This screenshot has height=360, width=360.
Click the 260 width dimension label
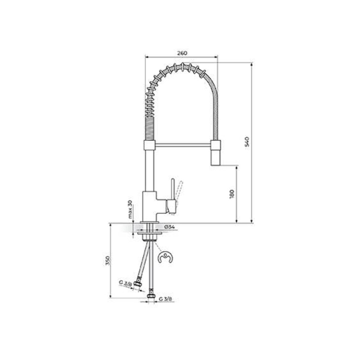coord(182,53)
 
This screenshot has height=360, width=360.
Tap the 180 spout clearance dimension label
coord(232,194)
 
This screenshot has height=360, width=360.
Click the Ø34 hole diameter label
coord(169,227)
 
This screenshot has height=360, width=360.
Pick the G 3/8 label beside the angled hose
coord(125,289)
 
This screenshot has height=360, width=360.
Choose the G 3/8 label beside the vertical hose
coord(165,304)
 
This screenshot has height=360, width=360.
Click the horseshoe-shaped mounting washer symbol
coord(166,257)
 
